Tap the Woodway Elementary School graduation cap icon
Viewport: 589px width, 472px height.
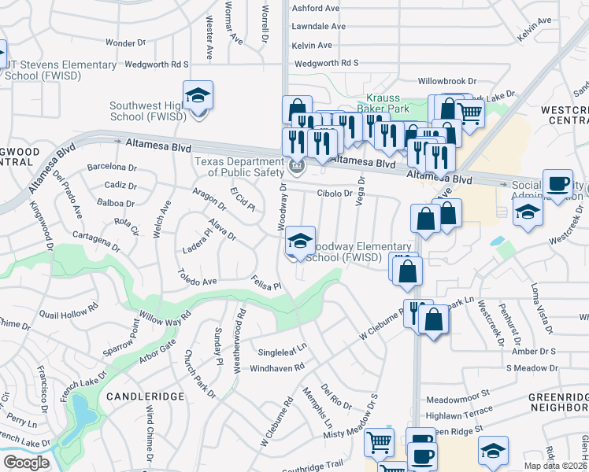point(300,242)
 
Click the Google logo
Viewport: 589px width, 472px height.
point(26,463)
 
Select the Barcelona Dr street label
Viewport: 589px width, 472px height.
point(112,167)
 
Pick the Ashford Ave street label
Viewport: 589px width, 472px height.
point(315,8)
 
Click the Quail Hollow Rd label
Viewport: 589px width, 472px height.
point(65,308)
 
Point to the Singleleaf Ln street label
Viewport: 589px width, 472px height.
point(279,346)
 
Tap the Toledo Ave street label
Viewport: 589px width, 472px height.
point(197,281)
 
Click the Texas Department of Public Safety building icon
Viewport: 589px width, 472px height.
point(297,166)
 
